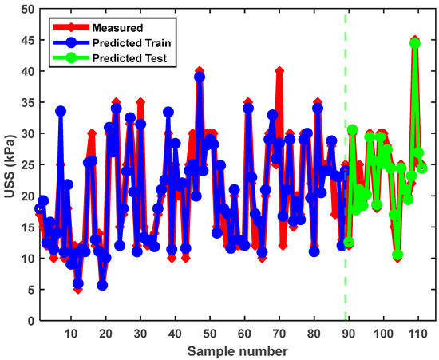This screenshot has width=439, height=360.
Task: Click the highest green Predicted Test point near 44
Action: point(414,43)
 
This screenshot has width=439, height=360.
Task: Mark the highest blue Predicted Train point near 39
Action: point(200,77)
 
